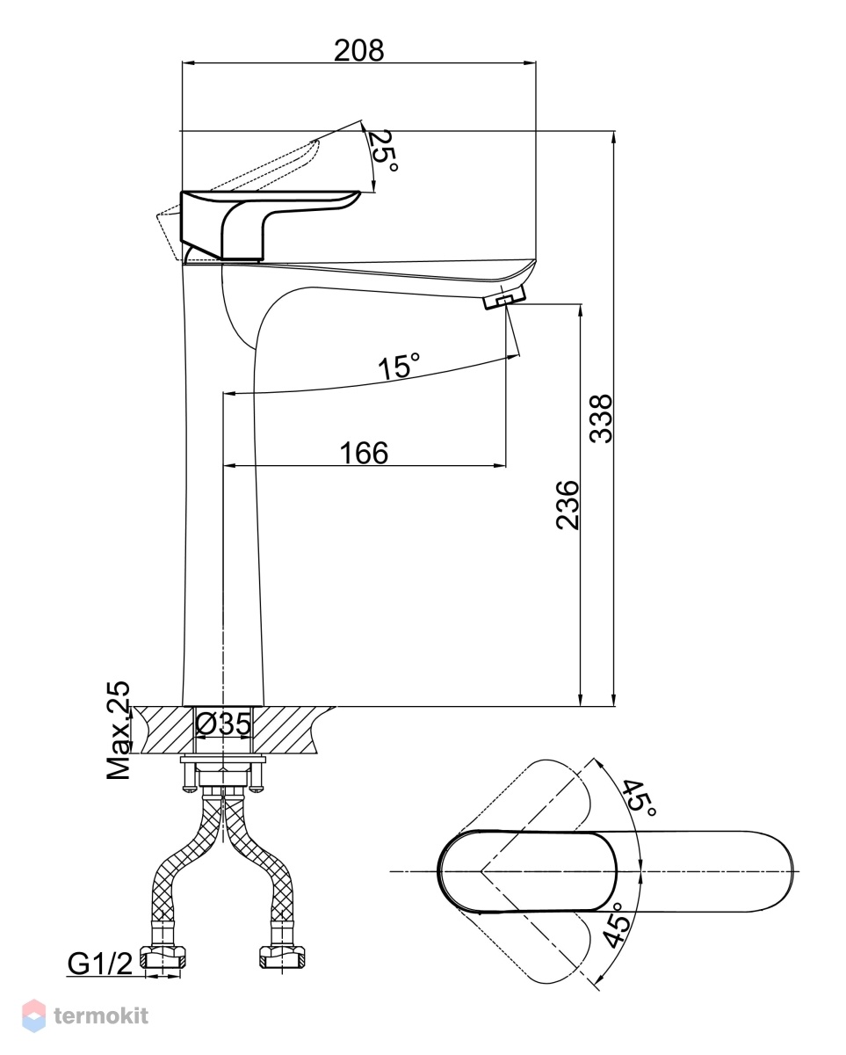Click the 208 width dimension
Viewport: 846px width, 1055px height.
click(358, 50)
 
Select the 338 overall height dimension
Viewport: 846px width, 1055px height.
click(601, 418)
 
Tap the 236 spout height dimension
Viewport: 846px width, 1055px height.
click(568, 506)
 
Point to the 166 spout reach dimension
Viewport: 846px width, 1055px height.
click(364, 453)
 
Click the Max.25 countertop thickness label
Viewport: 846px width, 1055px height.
click(119, 730)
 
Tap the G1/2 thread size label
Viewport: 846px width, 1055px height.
click(100, 964)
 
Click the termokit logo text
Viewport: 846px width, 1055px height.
click(101, 1011)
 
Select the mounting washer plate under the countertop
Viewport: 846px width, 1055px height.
click(223, 760)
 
